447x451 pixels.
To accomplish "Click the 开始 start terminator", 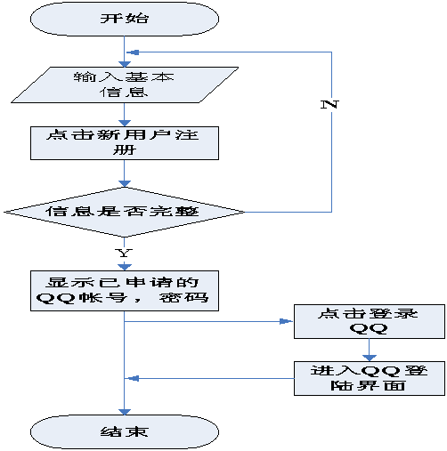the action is click(x=125, y=19).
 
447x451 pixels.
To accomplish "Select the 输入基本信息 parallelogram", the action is click(x=125, y=85).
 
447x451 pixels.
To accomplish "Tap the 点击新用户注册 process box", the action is click(x=125, y=143).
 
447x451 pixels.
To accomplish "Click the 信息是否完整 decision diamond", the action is click(x=125, y=212).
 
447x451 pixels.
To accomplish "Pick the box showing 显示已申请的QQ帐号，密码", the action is click(x=125, y=291).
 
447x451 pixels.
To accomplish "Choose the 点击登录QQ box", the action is click(x=370, y=321).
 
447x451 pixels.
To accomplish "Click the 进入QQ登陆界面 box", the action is click(x=370, y=378).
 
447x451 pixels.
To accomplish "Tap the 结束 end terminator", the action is click(x=125, y=431).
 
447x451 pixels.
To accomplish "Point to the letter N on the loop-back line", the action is click(x=329, y=104).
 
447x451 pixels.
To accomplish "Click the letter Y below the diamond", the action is click(x=124, y=253).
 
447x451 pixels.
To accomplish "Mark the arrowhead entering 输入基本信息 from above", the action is click(x=125, y=64).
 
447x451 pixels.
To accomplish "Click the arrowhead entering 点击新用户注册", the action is click(x=125, y=123).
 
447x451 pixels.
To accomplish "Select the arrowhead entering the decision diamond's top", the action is click(x=125, y=183).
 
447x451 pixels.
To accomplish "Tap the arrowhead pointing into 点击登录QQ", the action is click(x=287, y=321).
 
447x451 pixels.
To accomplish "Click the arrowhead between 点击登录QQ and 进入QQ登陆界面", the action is click(x=370, y=358).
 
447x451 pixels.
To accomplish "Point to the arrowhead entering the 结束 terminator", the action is click(x=125, y=412).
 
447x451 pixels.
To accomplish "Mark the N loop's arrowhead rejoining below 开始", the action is click(x=133, y=52).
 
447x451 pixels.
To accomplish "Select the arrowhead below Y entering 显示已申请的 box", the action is click(x=125, y=267).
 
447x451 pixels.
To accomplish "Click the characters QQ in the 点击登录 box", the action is click(x=369, y=329).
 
